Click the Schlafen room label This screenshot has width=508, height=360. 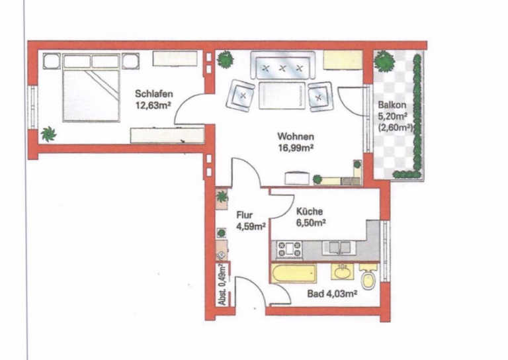click(x=154, y=94)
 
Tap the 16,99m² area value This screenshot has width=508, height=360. click(x=296, y=148)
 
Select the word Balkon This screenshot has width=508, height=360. click(x=392, y=105)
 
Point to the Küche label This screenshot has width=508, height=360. click(x=310, y=211)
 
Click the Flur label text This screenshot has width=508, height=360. click(x=244, y=215)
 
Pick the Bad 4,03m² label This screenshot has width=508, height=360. click(x=332, y=294)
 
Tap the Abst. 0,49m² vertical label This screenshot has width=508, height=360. click(x=222, y=284)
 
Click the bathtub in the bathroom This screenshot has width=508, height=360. click(x=294, y=273)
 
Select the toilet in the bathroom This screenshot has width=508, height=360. click(x=368, y=277)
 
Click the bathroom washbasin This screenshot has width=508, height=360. click(x=342, y=272)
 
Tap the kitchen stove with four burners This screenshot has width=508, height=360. click(x=289, y=249)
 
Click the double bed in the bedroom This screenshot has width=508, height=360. click(x=91, y=88)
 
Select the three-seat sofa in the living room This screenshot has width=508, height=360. click(x=282, y=65)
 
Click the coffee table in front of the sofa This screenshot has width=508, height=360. click(x=282, y=95)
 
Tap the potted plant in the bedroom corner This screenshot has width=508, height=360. click(x=48, y=134)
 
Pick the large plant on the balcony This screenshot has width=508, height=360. click(x=384, y=61)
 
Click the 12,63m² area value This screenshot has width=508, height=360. click(x=153, y=105)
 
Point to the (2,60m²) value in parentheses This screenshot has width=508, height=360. click(x=396, y=128)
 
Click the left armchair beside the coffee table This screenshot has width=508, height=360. click(x=240, y=95)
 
